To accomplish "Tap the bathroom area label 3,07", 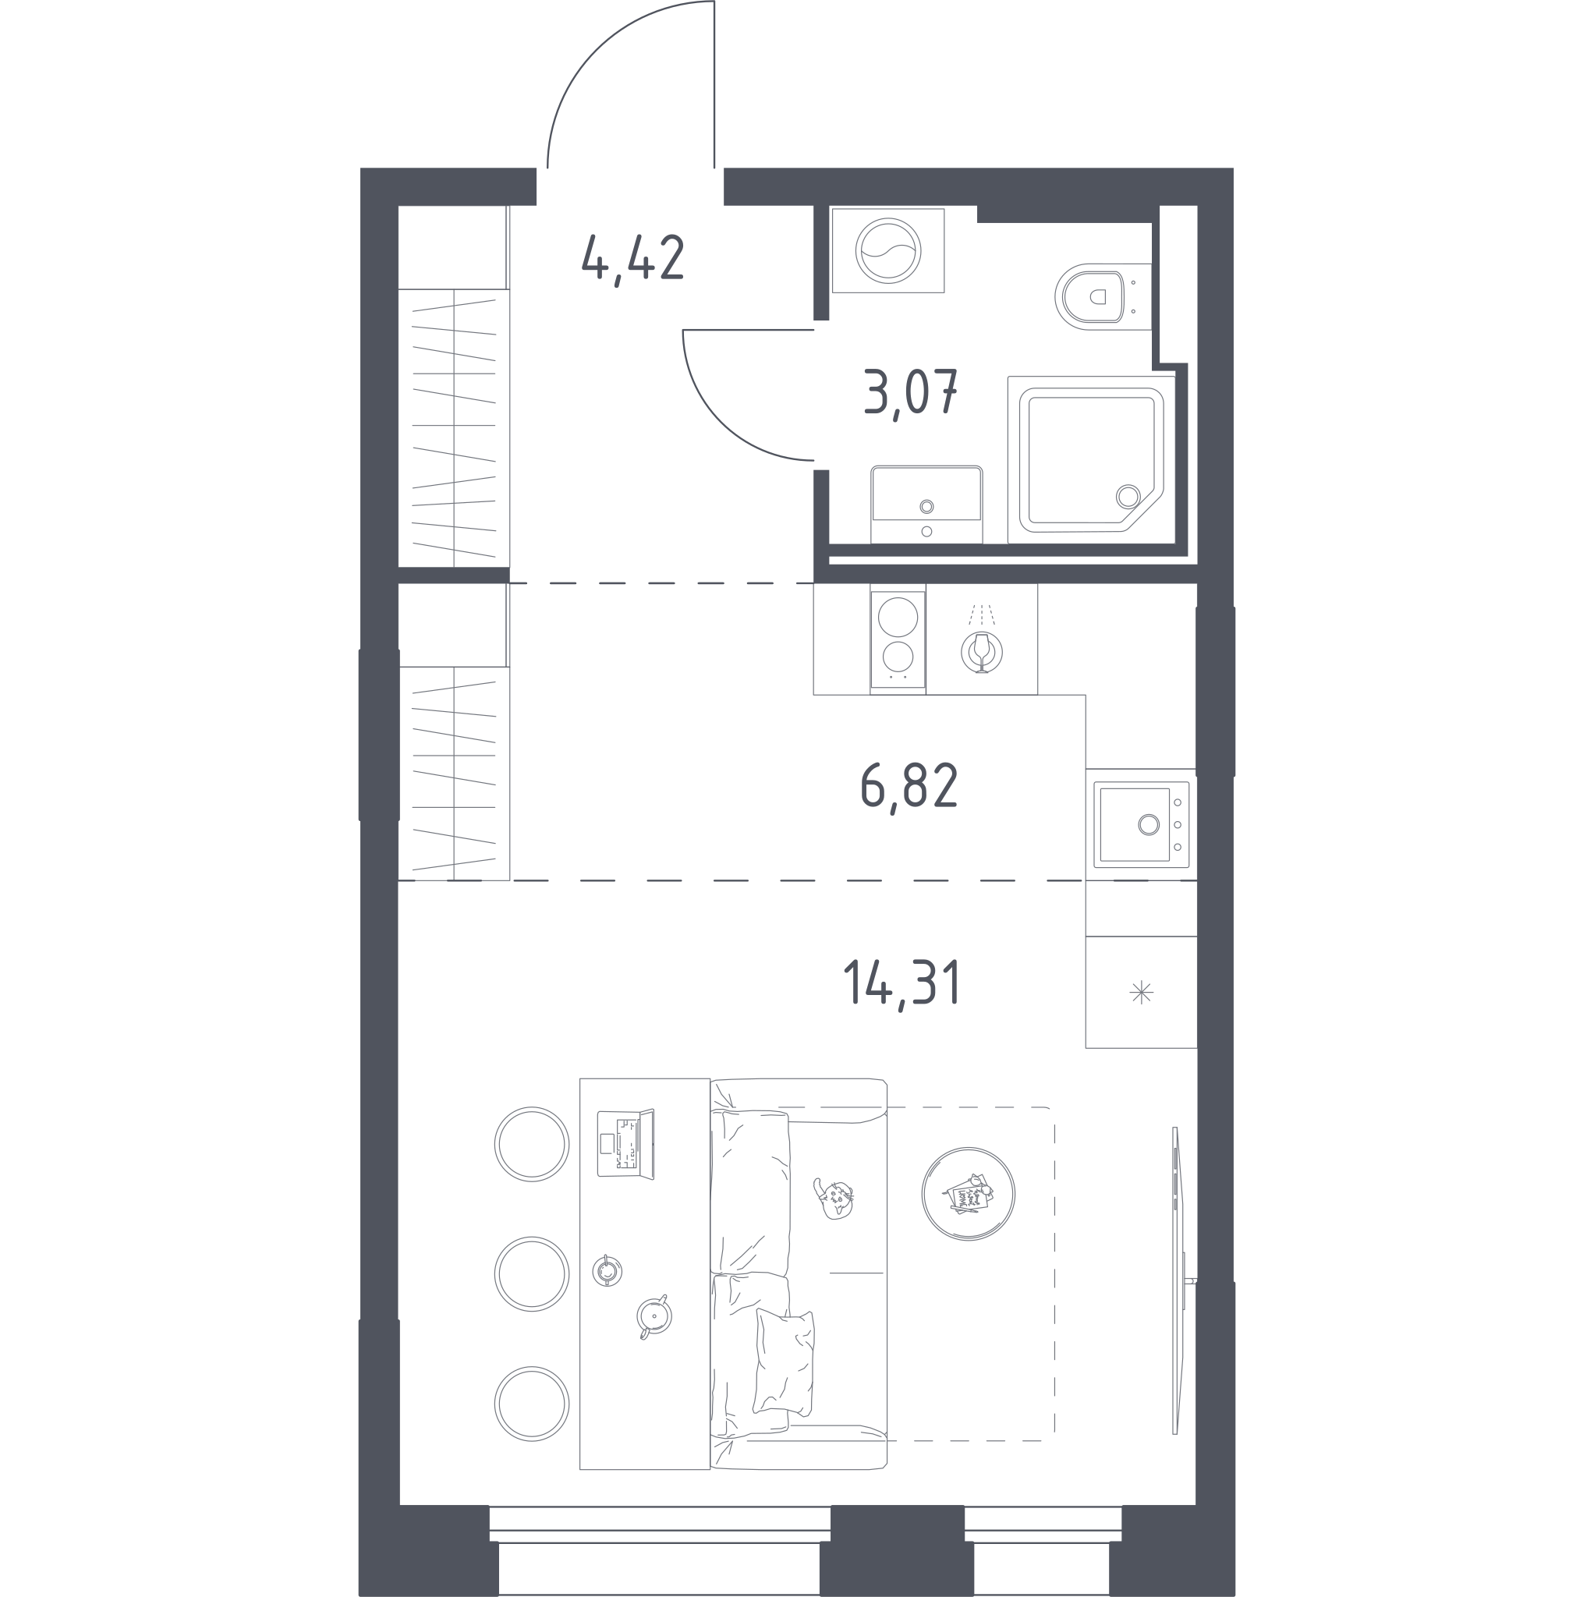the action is (909, 393).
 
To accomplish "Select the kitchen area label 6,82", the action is (909, 788).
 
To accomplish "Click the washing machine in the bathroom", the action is (888, 250).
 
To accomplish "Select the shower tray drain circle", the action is (1128, 497).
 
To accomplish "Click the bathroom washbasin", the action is (926, 505).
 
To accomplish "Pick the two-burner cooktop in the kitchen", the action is (898, 639).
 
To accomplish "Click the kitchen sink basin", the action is (1135, 824).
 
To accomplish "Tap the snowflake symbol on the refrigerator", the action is (1141, 992).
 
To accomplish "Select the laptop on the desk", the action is (626, 1144).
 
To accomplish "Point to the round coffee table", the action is (968, 1194).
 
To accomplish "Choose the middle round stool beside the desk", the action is (532, 1274).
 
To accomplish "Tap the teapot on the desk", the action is (654, 1317).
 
